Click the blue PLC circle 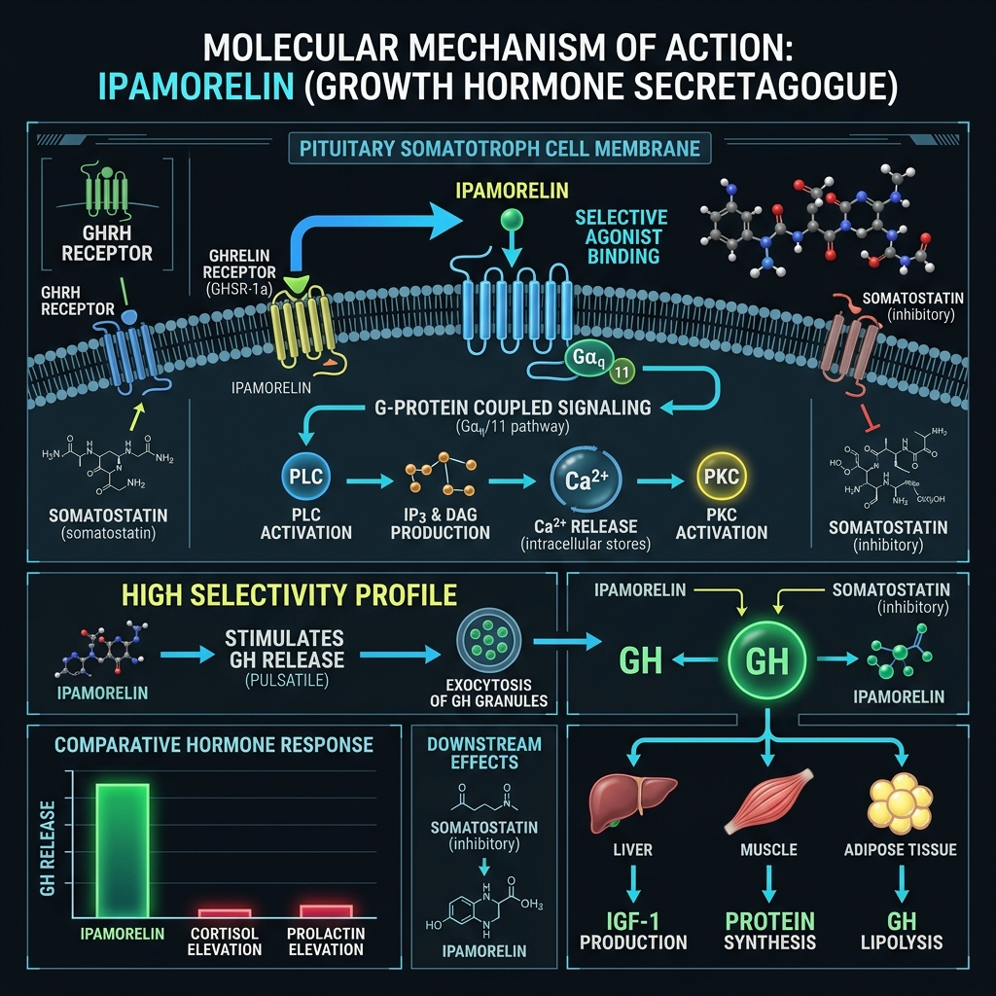pos(305,477)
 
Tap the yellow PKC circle pos(722,477)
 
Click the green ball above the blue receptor pos(512,220)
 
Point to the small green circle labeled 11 pos(622,372)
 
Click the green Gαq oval pos(588,358)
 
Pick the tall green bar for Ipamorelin pos(123,850)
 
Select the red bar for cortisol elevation pos(225,912)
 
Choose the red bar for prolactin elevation pos(326,910)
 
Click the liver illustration pos(632,802)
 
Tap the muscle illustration pos(768,800)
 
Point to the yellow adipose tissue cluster pos(900,802)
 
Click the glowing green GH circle pos(767,660)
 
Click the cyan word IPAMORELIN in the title pos(196,87)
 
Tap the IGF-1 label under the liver pos(632,920)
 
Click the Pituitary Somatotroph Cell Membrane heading pos(500,149)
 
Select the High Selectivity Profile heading pos(289,595)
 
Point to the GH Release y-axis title pos(48,848)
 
